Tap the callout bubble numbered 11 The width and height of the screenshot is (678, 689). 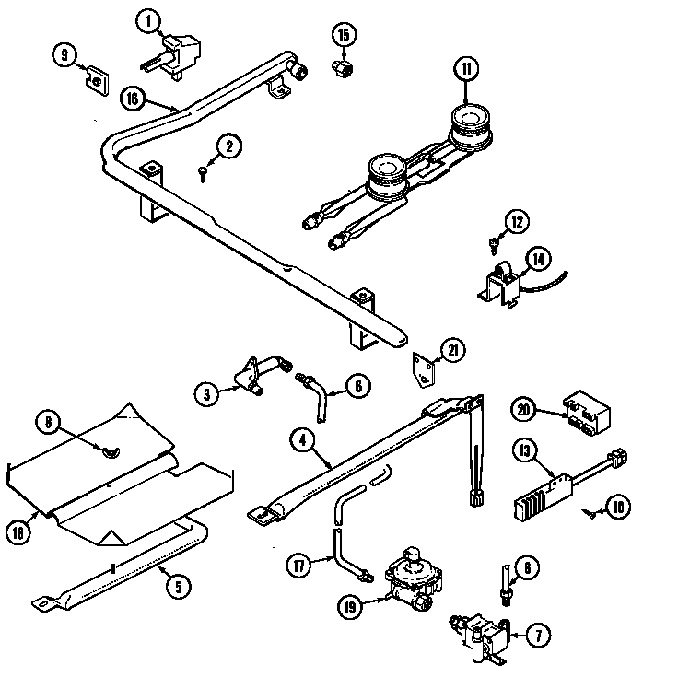tap(466, 68)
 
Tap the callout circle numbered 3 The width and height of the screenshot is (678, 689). tap(207, 394)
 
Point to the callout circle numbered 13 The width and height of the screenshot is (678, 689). tap(524, 450)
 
